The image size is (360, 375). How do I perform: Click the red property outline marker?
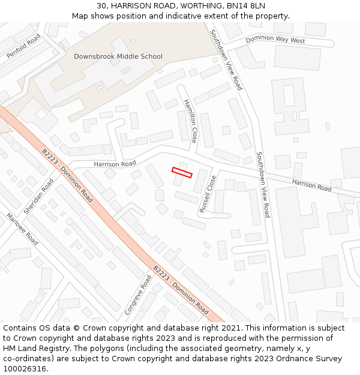coord(182,172)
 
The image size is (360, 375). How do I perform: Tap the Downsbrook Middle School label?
coord(118,56)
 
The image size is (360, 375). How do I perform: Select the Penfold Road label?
coord(23,46)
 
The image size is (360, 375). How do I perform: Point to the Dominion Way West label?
coord(275,40)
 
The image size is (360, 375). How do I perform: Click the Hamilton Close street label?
coord(190,121)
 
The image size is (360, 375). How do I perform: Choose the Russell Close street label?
coord(208,194)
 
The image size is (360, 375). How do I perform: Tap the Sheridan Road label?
coord(38,196)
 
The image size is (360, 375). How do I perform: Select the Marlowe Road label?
coord(22,229)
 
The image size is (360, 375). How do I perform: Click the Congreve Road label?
coord(138,295)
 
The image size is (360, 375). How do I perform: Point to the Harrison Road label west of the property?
coord(115,164)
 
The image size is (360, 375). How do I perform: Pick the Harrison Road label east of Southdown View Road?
coord(311,185)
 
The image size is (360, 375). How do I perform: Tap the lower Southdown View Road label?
coord(263,184)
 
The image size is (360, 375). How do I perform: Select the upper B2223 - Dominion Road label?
coord(67,175)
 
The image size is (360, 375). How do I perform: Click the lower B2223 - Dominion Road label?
coord(181,290)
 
